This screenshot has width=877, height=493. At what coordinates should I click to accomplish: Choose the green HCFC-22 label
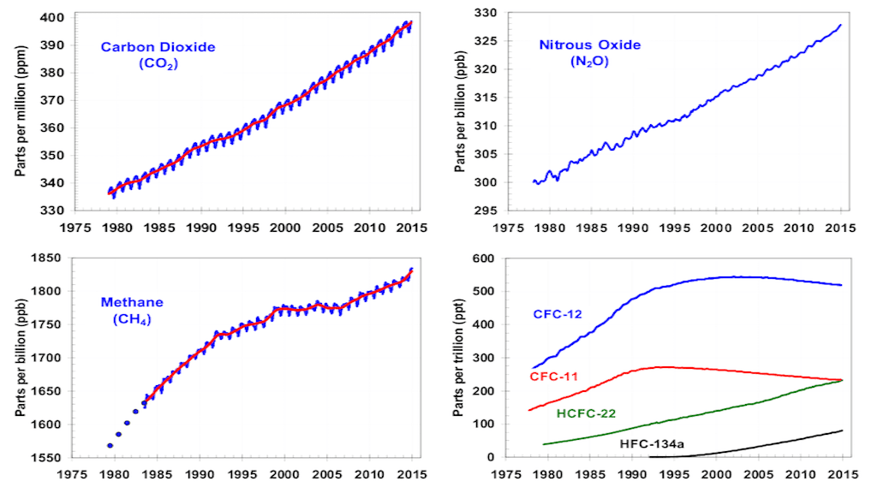(x=586, y=413)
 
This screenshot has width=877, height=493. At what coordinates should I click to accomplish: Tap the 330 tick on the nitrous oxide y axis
(x=489, y=13)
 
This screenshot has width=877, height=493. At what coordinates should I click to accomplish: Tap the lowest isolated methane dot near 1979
(x=110, y=445)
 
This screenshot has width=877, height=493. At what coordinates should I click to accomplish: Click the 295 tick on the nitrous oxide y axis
(x=489, y=211)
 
